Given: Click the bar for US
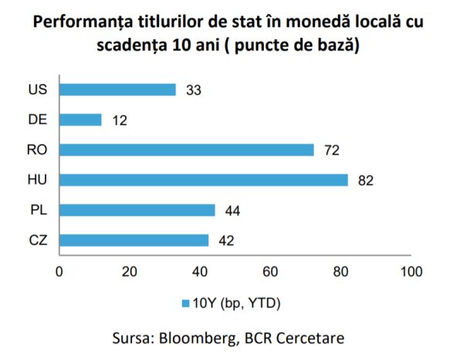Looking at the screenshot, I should [x=117, y=89].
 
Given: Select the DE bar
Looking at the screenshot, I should [x=80, y=119].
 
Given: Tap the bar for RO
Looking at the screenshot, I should [x=186, y=150].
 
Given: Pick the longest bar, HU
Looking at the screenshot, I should [x=204, y=180].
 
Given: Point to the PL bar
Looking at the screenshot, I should [x=137, y=210].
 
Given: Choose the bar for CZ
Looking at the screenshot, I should [x=133, y=240].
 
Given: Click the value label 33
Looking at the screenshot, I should [x=194, y=90].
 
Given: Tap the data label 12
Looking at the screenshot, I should [x=119, y=120].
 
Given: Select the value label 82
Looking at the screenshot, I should [x=366, y=180].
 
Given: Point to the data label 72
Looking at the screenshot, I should [x=332, y=150].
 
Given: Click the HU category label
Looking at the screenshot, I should [x=37, y=180].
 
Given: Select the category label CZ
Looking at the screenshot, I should [x=37, y=241].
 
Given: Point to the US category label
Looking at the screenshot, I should [x=37, y=90].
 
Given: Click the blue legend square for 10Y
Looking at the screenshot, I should [x=185, y=303].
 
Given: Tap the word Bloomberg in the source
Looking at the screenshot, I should [x=194, y=338].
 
